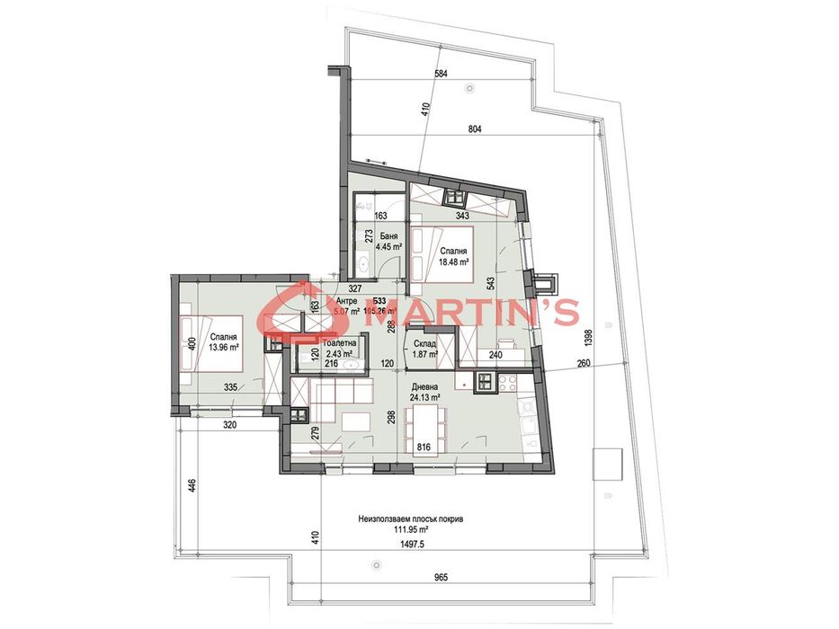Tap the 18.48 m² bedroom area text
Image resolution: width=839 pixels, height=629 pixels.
[x=454, y=263]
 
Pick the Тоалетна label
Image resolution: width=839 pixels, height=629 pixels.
[x=338, y=343]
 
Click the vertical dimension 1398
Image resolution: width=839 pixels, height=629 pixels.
[x=589, y=341]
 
